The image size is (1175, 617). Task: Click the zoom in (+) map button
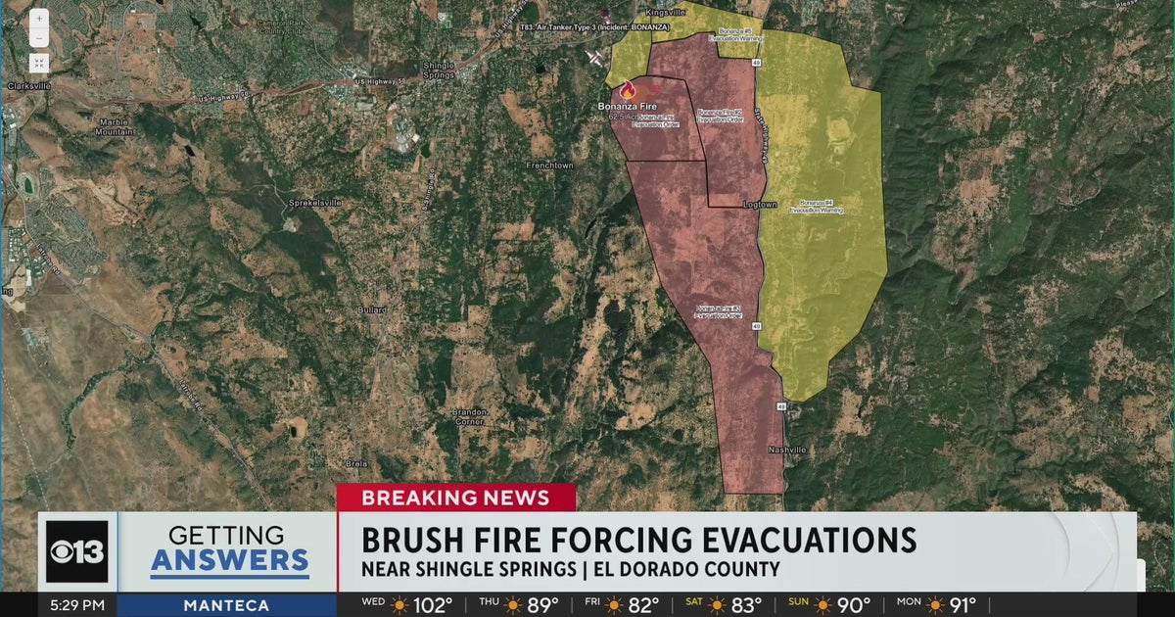tap(38, 18)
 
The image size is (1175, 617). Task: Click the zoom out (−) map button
tap(38, 38)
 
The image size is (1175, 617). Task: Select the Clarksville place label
tap(28, 85)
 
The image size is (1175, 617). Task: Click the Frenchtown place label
tap(549, 166)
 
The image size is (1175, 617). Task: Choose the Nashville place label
tap(786, 450)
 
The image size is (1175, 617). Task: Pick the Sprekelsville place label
tap(313, 203)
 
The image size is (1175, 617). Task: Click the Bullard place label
tap(371, 309)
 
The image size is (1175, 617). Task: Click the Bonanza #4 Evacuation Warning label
tap(821, 207)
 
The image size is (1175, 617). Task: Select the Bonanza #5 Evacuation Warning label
tap(734, 35)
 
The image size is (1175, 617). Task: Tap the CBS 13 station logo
tap(77, 550)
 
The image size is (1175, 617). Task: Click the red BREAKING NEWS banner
tap(455, 497)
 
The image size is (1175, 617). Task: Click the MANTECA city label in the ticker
tap(226, 605)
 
